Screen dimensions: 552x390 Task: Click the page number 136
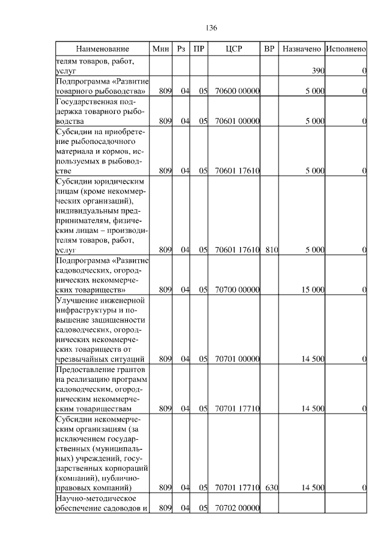211,28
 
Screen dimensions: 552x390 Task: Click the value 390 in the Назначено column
317,71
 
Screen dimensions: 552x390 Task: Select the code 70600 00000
238,91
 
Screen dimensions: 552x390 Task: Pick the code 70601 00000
238,121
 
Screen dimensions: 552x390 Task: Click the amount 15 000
313,289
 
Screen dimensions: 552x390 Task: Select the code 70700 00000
238,289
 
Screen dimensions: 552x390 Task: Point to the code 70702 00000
238,508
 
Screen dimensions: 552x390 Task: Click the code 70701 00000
238,359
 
